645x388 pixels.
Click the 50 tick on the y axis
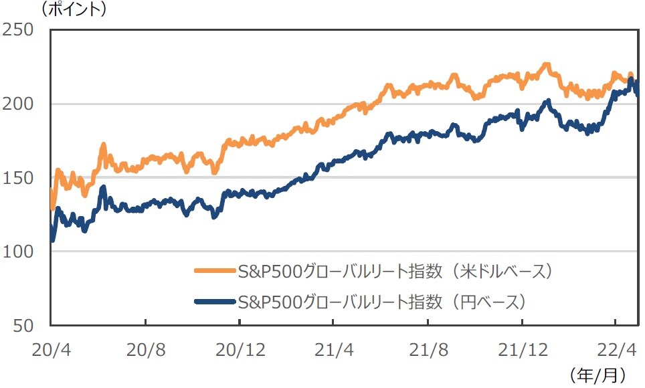click(x=24, y=325)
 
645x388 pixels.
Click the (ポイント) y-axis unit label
click(x=74, y=9)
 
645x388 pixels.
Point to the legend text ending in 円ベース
click(x=382, y=302)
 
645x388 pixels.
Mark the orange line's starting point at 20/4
click(x=52, y=193)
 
